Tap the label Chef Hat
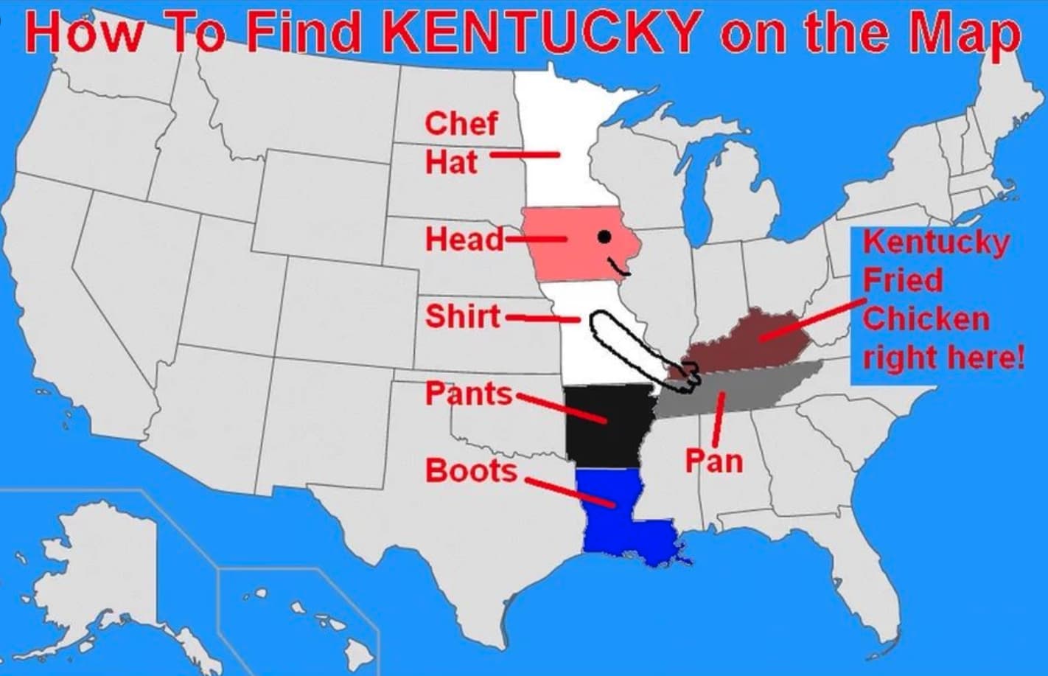click(461, 142)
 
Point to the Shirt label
click(462, 316)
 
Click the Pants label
click(468, 394)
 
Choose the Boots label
click(471, 470)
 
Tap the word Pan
click(713, 461)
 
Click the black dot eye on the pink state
click(604, 237)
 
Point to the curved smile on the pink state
click(618, 267)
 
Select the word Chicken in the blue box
click(926, 320)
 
